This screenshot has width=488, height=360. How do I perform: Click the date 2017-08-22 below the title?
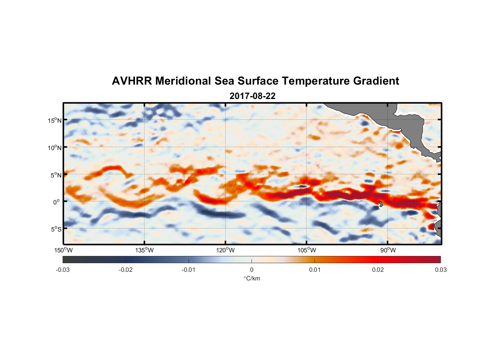pos(252,96)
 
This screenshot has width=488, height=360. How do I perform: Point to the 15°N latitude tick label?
pos(55,120)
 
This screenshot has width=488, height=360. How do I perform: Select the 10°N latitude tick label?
pos(55,148)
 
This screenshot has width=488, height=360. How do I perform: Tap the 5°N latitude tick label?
pos(56,175)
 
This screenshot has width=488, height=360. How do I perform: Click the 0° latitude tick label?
pos(57,202)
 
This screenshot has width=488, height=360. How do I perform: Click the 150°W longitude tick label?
pos(63,250)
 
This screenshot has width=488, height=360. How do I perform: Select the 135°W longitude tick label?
pos(144,250)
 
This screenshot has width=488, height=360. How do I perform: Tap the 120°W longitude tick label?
pos(225,250)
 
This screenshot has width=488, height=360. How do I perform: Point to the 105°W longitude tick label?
pos(307,250)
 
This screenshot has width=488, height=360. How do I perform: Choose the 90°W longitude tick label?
pos(388,250)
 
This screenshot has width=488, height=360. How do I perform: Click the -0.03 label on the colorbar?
pos(63,270)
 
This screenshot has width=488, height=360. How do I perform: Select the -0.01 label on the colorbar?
pos(189,270)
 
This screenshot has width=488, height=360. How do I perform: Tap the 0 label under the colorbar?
pos(252,270)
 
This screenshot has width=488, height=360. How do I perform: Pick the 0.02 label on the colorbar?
pos(378,270)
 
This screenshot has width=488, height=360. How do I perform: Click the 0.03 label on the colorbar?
pos(440,270)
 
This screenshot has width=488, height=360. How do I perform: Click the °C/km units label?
pos(252,278)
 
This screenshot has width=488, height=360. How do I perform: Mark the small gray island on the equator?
pos(381,204)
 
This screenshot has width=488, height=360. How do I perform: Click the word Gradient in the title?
pos(376,81)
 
